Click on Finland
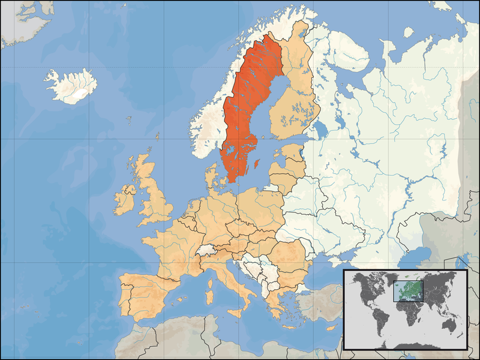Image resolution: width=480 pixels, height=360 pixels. [x=294, y=102]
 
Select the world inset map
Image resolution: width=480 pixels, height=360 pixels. [x=405, y=309]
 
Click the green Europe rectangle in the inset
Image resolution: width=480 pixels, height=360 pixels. [x=408, y=290]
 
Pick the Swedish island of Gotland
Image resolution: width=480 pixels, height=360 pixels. [x=257, y=163]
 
